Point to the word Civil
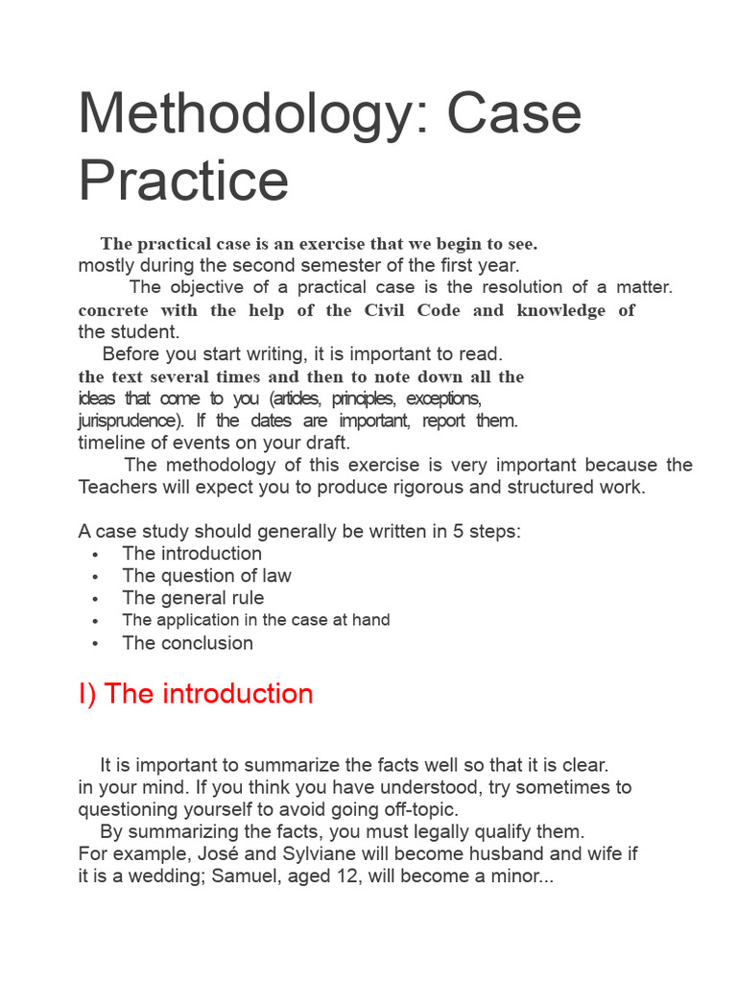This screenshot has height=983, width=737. (386, 310)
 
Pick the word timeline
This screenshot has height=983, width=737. (111, 443)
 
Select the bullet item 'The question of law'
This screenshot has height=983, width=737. (206, 575)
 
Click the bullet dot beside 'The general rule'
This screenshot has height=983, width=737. (95, 599)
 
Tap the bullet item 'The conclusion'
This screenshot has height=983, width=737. (187, 643)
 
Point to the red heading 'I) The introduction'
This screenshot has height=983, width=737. (196, 694)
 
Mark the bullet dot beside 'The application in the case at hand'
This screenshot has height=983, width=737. (95, 621)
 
